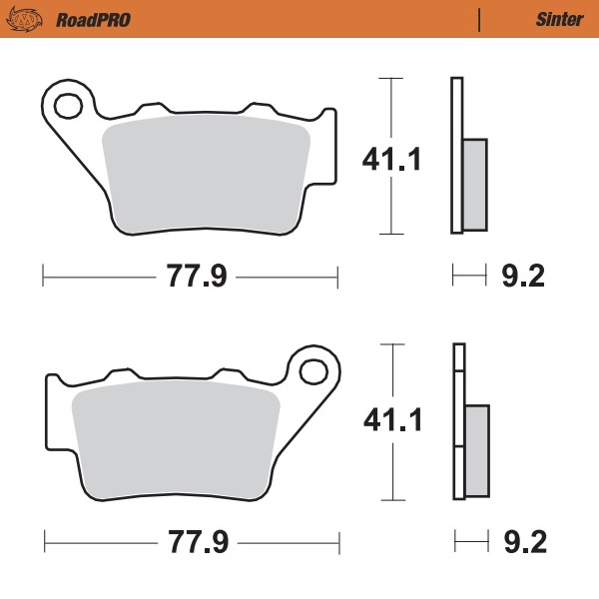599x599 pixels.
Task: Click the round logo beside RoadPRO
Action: [32, 19]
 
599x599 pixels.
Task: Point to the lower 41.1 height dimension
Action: [391, 420]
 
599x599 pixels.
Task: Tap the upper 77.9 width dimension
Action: [190, 277]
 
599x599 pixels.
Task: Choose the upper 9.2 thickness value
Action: [520, 277]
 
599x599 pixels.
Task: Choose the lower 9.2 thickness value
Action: [520, 544]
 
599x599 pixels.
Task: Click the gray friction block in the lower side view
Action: [477, 449]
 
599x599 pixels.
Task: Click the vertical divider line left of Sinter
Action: [480, 19]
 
